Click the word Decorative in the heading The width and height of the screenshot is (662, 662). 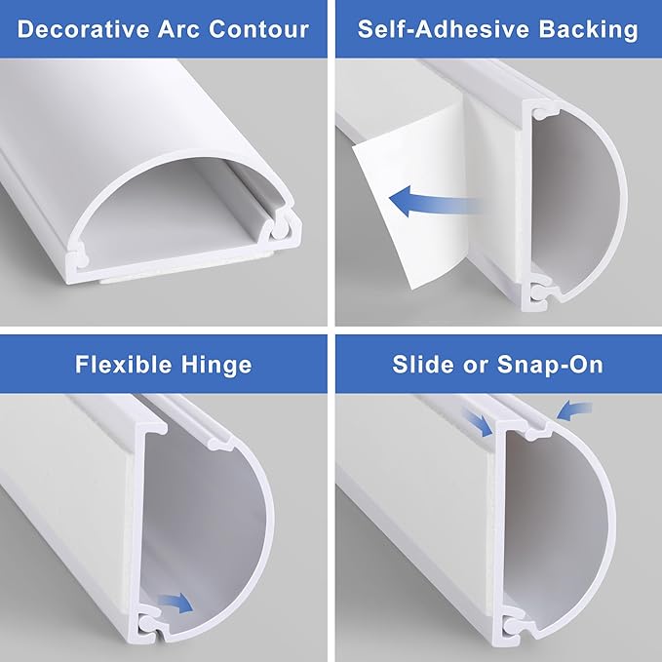pos(75,28)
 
